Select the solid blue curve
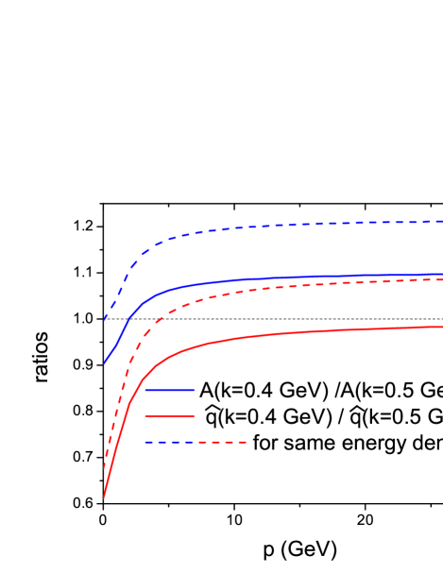pos(283,278)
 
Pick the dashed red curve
pos(283,286)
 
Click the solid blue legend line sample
pos(170,390)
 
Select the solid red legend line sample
pos(170,415)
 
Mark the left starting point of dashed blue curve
pos(105,321)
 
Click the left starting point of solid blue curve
pos(104,363)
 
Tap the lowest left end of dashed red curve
pos(104,469)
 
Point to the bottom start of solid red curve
pos(104,497)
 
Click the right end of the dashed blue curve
pos(442,221)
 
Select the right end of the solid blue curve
pos(442,275)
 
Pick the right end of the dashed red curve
pos(442,279)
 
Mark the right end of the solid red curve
pos(442,327)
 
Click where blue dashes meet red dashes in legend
pos(196,442)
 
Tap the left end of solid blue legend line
pos(146,390)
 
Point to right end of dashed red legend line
pos(247,442)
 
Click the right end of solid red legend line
pos(195,415)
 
